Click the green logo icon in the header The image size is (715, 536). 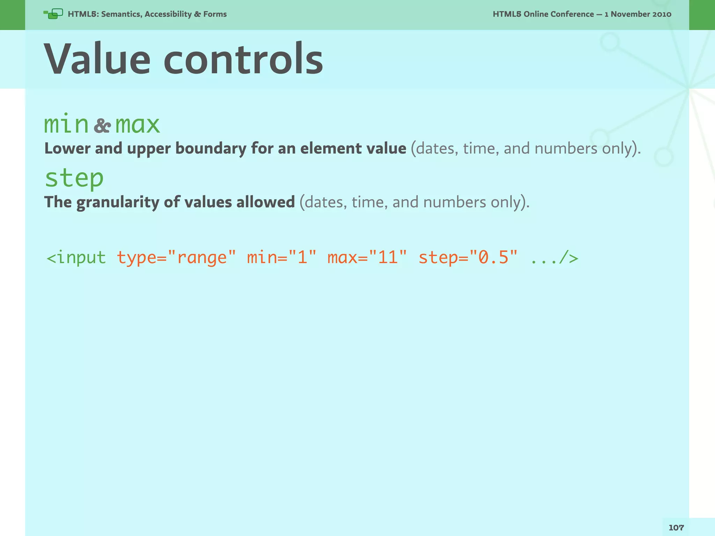click(53, 14)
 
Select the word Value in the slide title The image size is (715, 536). click(97, 59)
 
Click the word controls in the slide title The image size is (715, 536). click(243, 59)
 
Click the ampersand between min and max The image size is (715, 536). click(102, 126)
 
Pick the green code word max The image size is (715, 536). click(138, 125)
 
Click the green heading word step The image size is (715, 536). click(74, 178)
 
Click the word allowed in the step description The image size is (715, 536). click(265, 202)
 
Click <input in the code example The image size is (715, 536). click(76, 258)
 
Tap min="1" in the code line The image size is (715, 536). click(281, 258)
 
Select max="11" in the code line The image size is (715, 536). click(367, 258)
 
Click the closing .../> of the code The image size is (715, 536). click(554, 258)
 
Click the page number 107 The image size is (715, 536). click(676, 528)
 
